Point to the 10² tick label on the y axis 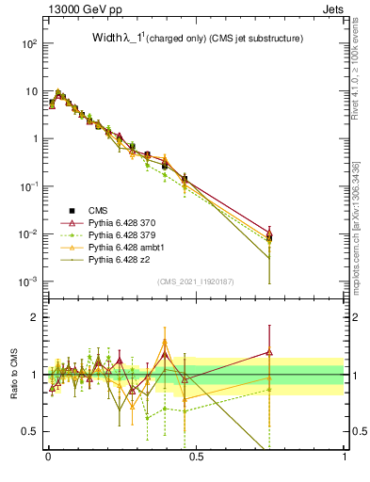click(28, 43)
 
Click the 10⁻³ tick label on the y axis click(28, 281)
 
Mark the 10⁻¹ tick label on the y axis click(28, 186)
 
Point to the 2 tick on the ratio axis click(34, 317)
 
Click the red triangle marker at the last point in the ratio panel click(269, 352)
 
